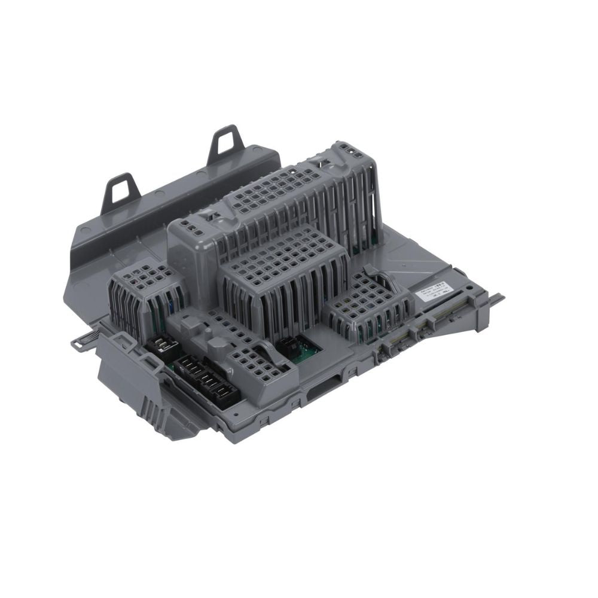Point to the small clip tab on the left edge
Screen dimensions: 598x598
click(78, 342)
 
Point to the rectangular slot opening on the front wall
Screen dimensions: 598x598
click(326, 395)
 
